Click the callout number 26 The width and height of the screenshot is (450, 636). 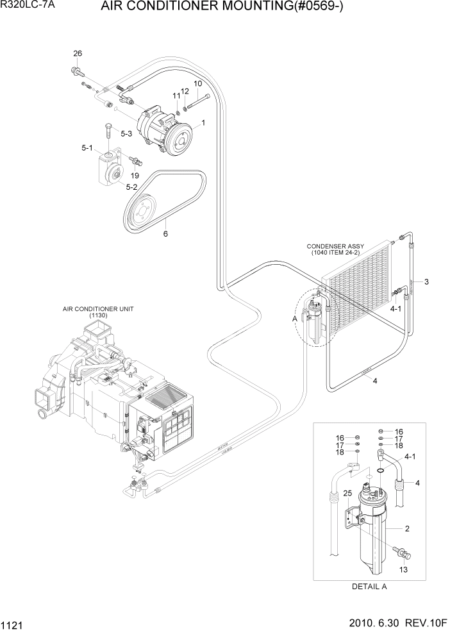click(78, 53)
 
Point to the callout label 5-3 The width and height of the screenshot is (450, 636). click(126, 133)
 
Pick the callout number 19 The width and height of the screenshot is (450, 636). click(135, 175)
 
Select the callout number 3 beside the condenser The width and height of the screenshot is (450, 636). click(426, 282)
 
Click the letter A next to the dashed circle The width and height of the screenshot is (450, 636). click(294, 318)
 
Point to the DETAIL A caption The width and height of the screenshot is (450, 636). click(369, 586)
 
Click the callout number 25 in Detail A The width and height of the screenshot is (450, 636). click(347, 493)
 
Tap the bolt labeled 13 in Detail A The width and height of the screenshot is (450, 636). click(404, 551)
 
